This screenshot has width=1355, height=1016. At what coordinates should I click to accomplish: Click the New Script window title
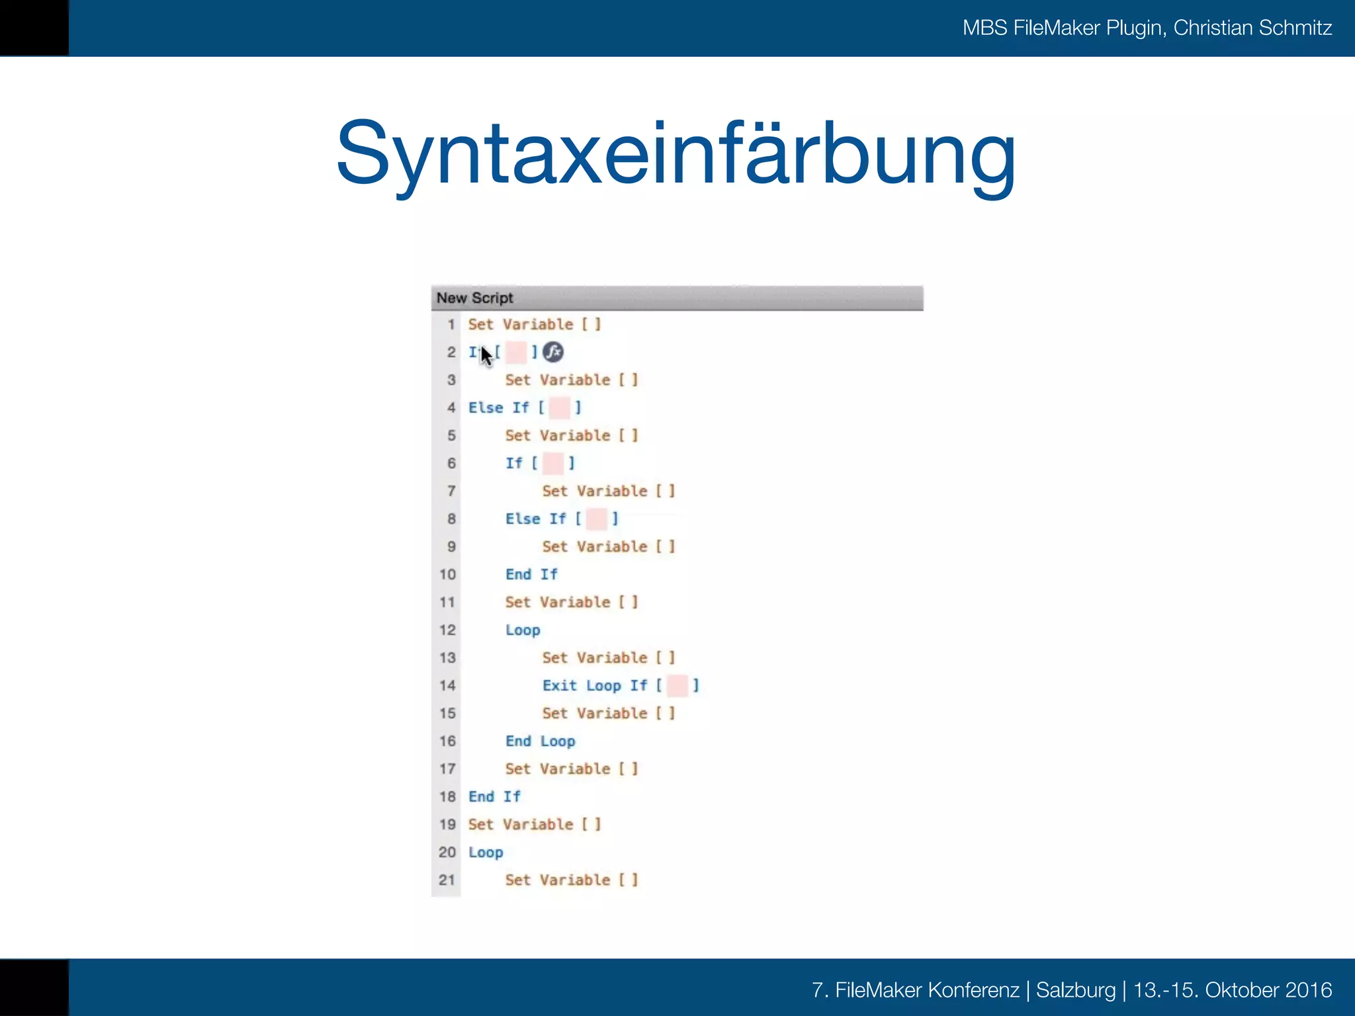(x=474, y=298)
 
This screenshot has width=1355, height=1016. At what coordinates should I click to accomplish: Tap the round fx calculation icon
(x=553, y=352)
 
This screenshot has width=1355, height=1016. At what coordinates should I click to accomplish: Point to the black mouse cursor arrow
(x=486, y=355)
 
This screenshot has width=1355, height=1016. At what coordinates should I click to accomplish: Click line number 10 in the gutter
(x=448, y=574)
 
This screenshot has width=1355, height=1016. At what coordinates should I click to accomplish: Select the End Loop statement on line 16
(x=540, y=741)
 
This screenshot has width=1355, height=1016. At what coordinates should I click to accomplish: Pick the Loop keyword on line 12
(x=523, y=630)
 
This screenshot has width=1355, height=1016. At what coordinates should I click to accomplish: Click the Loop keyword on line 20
(x=486, y=852)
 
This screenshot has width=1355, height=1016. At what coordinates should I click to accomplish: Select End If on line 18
(x=494, y=796)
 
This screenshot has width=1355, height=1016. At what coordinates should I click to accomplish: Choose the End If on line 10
(x=531, y=574)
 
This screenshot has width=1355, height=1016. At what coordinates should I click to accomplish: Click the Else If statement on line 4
(x=498, y=407)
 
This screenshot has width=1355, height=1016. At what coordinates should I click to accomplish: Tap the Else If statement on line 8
(x=535, y=519)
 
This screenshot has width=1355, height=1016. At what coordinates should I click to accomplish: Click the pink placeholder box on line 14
(x=677, y=685)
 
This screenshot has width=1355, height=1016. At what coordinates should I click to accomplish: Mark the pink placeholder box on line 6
(x=553, y=463)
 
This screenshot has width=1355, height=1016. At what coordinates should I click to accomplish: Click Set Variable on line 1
(x=521, y=324)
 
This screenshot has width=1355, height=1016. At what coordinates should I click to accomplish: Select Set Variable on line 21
(x=558, y=880)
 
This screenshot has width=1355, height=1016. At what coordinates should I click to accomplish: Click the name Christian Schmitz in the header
(x=1252, y=28)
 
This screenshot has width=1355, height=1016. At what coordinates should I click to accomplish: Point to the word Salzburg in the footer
(x=1076, y=990)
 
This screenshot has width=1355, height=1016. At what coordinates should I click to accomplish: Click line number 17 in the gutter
(x=448, y=769)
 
